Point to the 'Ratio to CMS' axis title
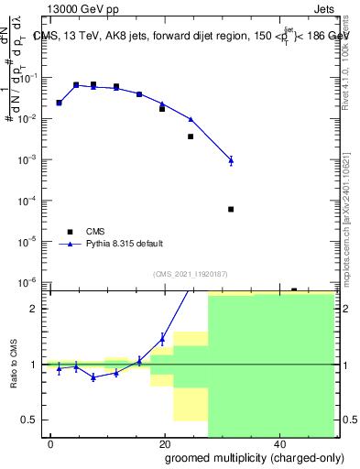(13, 365)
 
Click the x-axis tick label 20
(165, 444)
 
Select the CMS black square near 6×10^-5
(231, 209)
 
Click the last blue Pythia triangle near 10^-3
(231, 160)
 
